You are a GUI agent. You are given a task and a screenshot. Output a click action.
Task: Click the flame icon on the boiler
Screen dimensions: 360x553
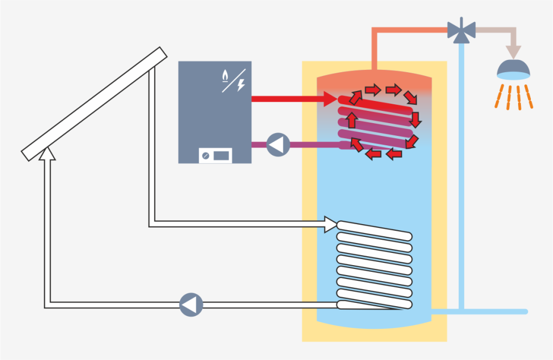pyautogui.click(x=225, y=75)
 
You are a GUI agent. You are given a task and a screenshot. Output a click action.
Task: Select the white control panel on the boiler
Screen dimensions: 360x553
pyautogui.click(x=215, y=155)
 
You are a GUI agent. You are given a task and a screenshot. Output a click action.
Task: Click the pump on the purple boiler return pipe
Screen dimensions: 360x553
pyautogui.click(x=278, y=145)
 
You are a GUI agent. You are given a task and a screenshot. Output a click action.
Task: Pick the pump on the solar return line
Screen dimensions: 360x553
pyautogui.click(x=191, y=305)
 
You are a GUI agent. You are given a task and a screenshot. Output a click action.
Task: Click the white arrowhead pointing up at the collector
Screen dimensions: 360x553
pyautogui.click(x=48, y=153)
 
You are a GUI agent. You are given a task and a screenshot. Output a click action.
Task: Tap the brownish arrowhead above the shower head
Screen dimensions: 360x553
pyautogui.click(x=514, y=52)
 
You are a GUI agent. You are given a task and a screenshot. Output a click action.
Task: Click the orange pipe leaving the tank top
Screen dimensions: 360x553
pyautogui.click(x=376, y=50)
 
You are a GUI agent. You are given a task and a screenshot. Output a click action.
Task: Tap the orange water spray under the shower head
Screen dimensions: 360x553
pyautogui.click(x=514, y=95)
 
